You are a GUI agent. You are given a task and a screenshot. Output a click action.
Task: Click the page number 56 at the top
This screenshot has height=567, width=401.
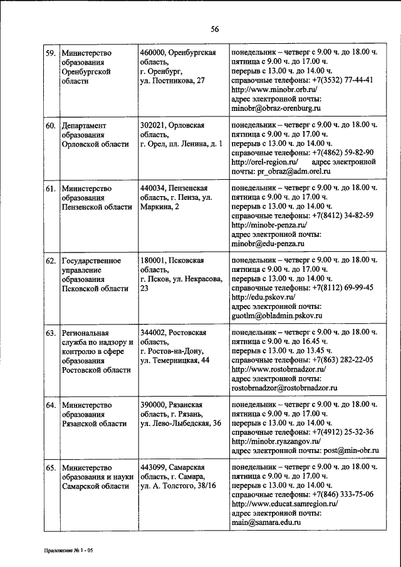click(214, 30)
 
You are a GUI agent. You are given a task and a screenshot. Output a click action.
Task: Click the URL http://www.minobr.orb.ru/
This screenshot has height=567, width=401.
click(273, 90)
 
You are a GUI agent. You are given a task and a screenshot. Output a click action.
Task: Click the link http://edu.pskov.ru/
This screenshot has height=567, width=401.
click(263, 296)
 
